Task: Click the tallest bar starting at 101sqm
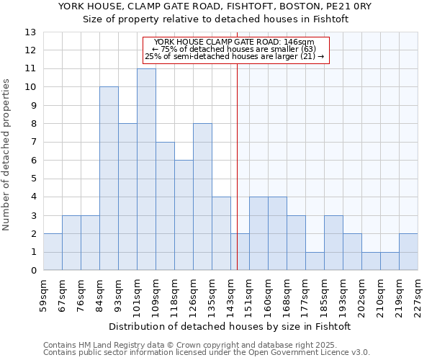146,169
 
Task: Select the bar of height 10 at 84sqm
109,179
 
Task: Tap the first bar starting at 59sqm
53,252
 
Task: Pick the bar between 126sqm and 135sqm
202,197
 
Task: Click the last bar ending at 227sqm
408,252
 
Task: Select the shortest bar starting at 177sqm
315,261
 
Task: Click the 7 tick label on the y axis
32,142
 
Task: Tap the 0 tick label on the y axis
32,271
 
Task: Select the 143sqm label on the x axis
230,294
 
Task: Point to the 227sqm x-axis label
418,294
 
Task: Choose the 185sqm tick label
324,294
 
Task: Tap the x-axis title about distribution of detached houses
230,326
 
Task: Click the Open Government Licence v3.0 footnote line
207,353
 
